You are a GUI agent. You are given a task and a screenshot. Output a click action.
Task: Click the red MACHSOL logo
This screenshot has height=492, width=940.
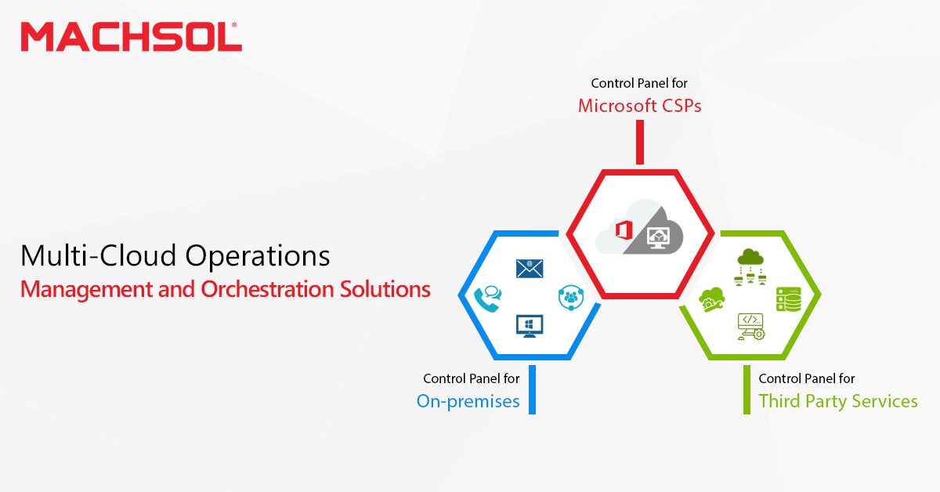point(132,37)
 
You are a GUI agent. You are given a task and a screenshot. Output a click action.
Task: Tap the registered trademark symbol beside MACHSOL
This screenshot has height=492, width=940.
point(234,25)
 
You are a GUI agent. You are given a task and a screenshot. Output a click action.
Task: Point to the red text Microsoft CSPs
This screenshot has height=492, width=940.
point(639,106)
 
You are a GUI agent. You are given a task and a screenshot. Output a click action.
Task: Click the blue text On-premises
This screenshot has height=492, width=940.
point(468,402)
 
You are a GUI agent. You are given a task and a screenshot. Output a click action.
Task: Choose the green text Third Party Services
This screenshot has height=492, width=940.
point(838,401)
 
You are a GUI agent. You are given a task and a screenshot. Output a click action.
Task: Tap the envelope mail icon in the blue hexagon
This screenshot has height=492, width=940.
point(530,269)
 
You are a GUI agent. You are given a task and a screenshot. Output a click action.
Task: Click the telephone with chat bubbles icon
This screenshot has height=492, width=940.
point(487,299)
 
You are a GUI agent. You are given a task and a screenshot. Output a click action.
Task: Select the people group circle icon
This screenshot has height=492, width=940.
point(571,298)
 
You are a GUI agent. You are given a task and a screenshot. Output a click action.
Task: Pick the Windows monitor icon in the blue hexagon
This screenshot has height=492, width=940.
point(530,326)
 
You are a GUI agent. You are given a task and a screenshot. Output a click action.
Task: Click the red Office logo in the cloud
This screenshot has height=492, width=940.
point(624,230)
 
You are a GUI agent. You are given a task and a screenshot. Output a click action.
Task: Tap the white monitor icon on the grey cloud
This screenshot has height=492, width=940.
point(658,238)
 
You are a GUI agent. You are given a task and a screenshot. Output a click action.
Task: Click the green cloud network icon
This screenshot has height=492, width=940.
point(750,267)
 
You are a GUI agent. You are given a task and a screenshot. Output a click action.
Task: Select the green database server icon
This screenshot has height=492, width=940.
point(789,299)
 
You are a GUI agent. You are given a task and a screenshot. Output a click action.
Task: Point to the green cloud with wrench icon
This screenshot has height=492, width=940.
point(711,300)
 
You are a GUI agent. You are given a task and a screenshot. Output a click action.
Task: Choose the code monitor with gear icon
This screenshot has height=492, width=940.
point(751,327)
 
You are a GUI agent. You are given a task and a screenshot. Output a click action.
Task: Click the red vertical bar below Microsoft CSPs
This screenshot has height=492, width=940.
point(640,143)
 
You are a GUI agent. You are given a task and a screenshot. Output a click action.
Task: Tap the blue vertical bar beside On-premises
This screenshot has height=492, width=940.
point(532,389)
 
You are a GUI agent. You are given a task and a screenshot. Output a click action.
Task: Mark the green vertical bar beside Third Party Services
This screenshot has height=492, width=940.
point(747,389)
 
